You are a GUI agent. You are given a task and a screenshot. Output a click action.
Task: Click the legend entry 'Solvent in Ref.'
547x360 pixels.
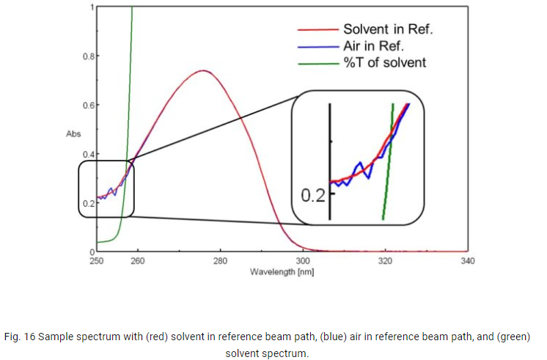(388, 29)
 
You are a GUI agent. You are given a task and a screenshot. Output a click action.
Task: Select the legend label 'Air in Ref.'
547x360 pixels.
(373, 46)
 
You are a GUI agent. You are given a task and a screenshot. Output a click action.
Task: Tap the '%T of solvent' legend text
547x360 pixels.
(385, 63)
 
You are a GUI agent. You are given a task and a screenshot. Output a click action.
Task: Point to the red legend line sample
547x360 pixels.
(318, 30)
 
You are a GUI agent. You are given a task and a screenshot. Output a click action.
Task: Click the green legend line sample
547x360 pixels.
(318, 64)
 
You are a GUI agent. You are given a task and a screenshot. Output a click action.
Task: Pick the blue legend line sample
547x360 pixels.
(318, 47)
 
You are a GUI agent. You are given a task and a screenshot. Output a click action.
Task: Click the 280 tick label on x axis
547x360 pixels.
(220, 261)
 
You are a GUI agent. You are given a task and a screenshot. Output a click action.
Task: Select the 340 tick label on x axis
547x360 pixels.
(468, 261)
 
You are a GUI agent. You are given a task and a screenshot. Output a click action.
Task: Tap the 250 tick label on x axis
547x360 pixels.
(97, 261)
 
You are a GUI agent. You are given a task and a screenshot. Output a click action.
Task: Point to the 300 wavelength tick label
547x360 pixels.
(302, 261)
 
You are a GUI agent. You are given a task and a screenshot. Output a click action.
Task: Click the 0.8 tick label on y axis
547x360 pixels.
(89, 56)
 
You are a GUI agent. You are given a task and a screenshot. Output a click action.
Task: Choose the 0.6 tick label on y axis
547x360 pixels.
(89, 105)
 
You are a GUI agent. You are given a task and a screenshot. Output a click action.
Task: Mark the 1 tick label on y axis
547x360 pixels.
(92, 7)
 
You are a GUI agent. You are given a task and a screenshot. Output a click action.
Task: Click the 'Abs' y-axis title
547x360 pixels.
(73, 134)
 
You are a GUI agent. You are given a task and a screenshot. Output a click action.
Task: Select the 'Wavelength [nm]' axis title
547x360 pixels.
(282, 272)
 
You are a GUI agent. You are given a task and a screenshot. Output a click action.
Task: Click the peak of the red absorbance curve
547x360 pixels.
(202, 71)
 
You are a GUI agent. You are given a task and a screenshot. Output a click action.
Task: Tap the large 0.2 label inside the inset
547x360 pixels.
(313, 195)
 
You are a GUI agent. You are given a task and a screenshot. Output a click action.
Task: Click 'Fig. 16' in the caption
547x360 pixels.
(20, 337)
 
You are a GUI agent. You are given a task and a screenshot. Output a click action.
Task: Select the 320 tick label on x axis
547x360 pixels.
(385, 261)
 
